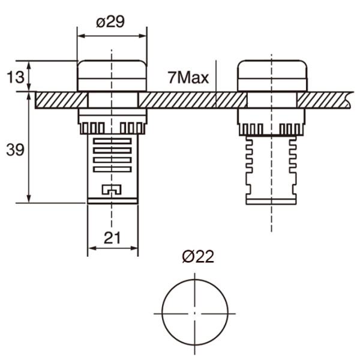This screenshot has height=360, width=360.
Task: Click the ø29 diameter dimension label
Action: (x=112, y=22)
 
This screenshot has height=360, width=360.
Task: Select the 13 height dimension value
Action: (x=15, y=76)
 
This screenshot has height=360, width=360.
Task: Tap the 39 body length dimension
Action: (x=15, y=149)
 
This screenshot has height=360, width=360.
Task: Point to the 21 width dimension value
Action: (x=112, y=238)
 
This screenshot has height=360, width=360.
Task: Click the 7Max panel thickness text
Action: (x=188, y=78)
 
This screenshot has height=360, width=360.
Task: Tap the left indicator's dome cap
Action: (x=112, y=75)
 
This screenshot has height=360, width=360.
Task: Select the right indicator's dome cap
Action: (x=272, y=75)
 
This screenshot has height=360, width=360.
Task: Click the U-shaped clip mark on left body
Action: (x=112, y=190)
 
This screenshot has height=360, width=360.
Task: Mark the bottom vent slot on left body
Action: (x=112, y=169)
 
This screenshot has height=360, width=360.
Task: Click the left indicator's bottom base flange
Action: (x=112, y=200)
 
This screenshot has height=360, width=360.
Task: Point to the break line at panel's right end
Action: (x=350, y=100)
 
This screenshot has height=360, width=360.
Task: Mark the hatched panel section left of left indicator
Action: (x=57, y=100)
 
